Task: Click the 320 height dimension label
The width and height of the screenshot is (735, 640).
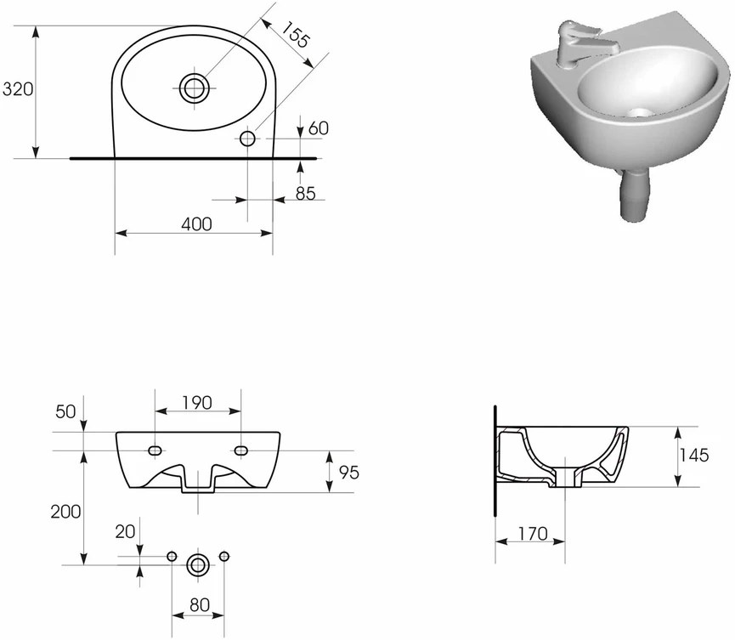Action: [18, 88]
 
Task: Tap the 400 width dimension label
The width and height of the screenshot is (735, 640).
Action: [196, 224]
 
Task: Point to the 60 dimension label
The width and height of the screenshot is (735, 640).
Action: [319, 128]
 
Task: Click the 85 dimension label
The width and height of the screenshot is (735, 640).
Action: [306, 193]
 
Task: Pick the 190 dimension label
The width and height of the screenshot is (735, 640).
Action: [197, 403]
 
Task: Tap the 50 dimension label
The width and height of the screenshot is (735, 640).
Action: [65, 411]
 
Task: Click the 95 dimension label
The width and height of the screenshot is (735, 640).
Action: [348, 473]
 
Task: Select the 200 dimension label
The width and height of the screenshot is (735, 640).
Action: [65, 512]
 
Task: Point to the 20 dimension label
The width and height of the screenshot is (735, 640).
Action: [125, 532]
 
